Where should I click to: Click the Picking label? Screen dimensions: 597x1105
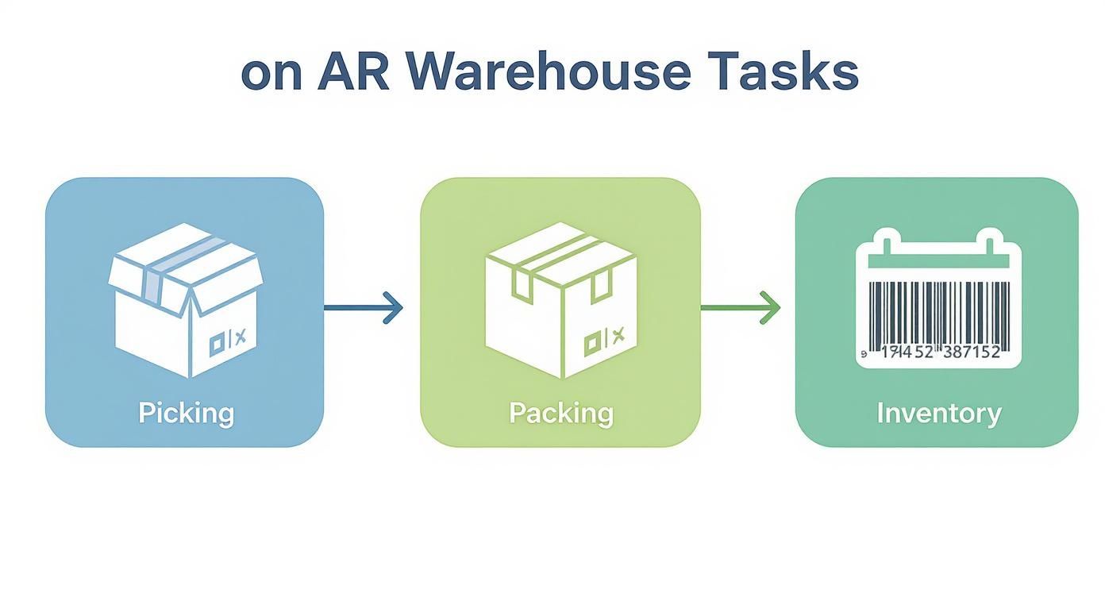tap(186, 414)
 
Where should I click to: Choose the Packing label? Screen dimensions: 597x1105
tap(560, 414)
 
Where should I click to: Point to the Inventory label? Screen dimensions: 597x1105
tap(938, 414)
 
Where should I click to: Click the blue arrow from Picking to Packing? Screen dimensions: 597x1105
tap(364, 308)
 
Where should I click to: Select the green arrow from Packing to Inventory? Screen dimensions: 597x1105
tap(740, 308)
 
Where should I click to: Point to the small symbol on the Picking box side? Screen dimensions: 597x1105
tap(228, 340)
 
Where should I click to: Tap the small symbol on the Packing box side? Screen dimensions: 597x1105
tap(604, 341)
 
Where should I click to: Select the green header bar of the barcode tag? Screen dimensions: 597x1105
tap(938, 261)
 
